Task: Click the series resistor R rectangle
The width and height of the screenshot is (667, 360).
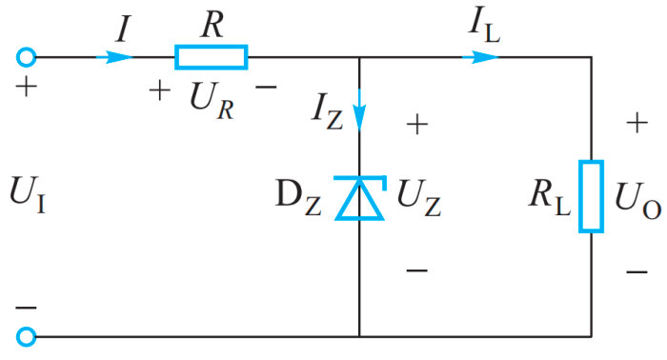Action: point(212,57)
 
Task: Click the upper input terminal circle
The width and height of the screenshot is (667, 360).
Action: point(27,57)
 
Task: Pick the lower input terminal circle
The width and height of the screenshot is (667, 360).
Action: point(27,336)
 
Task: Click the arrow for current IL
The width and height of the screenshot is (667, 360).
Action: point(482,57)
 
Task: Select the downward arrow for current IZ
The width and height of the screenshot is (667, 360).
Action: point(359,114)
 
